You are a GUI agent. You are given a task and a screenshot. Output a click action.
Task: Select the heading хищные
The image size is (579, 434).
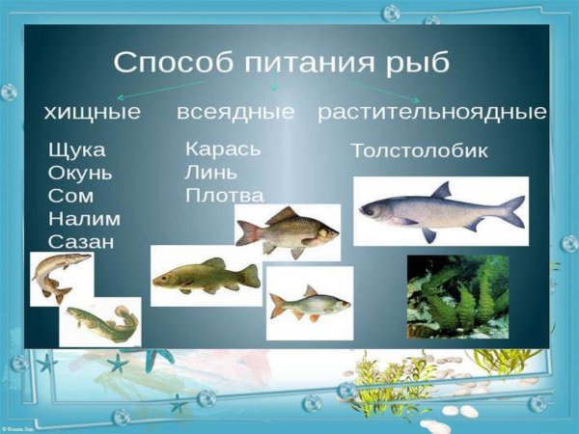pos(92,113)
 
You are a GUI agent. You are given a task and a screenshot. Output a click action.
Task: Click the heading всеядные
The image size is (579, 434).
pos(235,112)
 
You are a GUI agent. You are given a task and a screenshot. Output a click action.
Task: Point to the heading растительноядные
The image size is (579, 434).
pos(432,112)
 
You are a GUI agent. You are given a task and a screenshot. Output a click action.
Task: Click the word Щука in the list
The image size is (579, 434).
pos(76,151)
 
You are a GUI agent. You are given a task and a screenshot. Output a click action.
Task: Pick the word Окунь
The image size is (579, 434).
pos(80,174)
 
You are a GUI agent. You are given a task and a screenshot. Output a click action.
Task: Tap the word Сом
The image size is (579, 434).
pos(70,196)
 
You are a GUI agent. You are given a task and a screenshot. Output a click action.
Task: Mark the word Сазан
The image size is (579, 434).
pos(80,241)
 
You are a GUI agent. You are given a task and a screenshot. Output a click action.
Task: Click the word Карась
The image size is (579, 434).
pos(222,149)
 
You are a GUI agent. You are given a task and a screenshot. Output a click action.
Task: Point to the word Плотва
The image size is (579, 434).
pos(224,195)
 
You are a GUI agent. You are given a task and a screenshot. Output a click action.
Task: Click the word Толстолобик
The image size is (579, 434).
pos(419,151)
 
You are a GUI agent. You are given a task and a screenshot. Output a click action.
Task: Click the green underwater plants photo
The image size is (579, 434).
pos(457,295)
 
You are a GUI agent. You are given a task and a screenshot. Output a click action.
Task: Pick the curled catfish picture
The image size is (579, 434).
pos(100,322)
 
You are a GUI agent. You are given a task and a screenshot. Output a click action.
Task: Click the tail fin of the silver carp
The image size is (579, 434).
pos(512,210)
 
